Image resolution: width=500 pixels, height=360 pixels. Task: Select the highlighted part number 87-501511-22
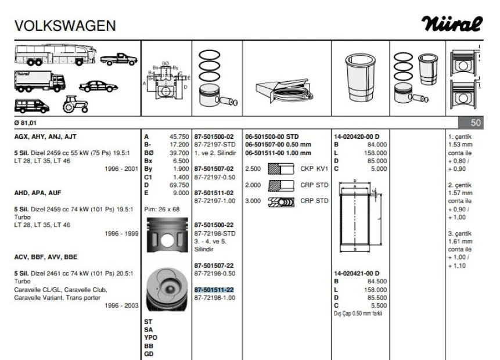click(x=214, y=289)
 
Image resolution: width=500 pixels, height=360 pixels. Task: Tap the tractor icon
click(x=75, y=104)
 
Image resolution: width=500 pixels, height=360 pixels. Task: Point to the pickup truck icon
click(x=118, y=59)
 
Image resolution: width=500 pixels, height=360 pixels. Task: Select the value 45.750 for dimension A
click(x=179, y=136)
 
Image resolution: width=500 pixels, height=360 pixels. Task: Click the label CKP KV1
click(x=314, y=169)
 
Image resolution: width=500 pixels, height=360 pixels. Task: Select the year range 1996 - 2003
click(x=121, y=305)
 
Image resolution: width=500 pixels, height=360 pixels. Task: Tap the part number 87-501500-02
click(x=214, y=136)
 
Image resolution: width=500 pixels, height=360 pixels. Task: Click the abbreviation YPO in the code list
click(x=150, y=337)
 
